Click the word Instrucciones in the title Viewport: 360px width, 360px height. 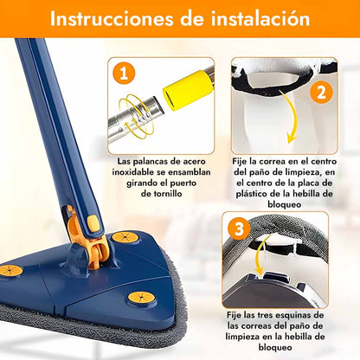(x=112, y=18)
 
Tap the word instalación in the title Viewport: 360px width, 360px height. (x=260, y=18)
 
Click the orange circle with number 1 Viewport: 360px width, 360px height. (x=124, y=74)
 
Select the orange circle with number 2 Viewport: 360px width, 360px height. (x=321, y=93)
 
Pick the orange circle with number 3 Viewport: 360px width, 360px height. (x=239, y=229)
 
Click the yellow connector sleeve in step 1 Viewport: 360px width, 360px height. (x=189, y=90)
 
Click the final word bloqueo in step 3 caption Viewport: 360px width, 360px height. (x=275, y=347)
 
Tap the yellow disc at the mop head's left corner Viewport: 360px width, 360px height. (x=10, y=271)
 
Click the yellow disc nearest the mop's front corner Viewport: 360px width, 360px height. (x=140, y=298)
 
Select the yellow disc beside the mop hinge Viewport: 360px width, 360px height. (x=125, y=237)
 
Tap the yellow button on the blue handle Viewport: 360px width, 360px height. (x=93, y=223)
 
